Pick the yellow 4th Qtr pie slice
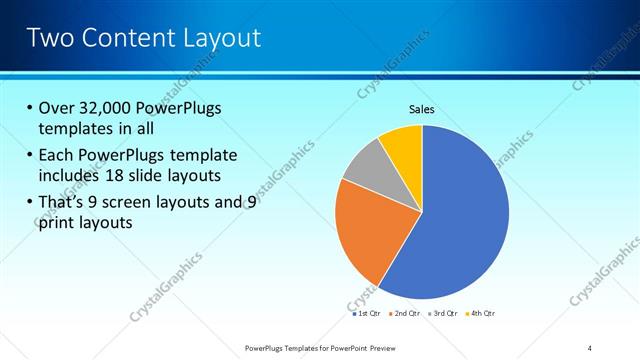tap(403, 143)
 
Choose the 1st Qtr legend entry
tap(366, 313)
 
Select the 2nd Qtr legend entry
tap(403, 313)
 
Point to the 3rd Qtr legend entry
tap(442, 313)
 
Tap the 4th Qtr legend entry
tap(480, 313)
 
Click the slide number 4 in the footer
tap(590, 347)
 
